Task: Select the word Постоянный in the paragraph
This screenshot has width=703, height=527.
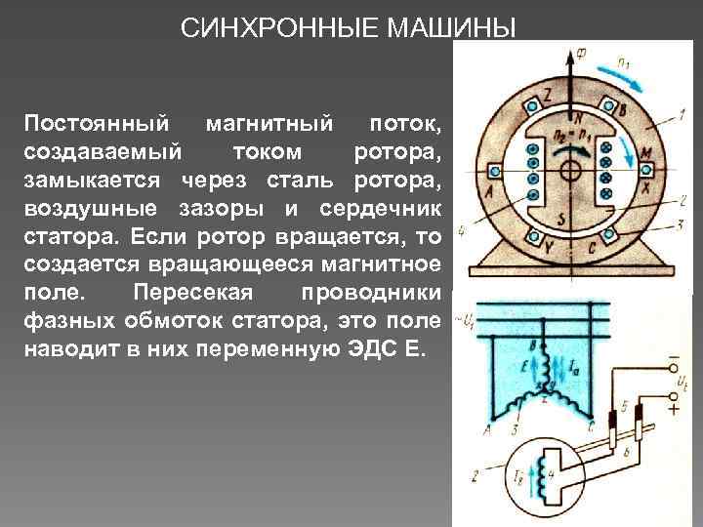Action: [89, 124]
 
